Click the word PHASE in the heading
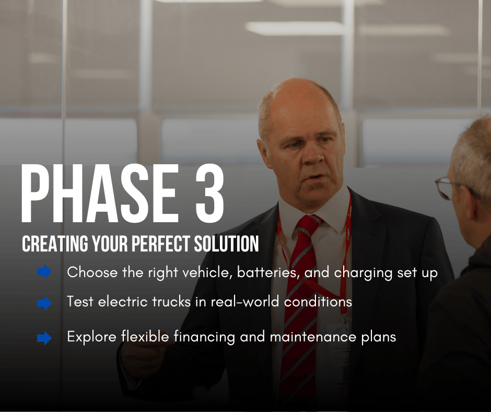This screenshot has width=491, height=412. coord(100,193)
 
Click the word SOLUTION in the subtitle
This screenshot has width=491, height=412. coord(226,244)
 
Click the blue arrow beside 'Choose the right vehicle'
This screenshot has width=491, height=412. coord(44,271)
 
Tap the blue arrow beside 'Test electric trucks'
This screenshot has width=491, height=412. coord(44,303)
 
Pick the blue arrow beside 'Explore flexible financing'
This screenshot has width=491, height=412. coord(44,338)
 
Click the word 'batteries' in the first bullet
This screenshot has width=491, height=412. coord(266,272)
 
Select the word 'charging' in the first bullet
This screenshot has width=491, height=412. coord(363,273)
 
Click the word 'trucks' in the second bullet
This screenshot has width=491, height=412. coord(171,302)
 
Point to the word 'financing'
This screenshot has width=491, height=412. coord(204,337)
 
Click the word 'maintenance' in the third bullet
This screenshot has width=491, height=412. coord(313,337)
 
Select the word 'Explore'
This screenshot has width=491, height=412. coord(92,337)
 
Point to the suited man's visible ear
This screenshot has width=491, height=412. coord(263,151)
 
